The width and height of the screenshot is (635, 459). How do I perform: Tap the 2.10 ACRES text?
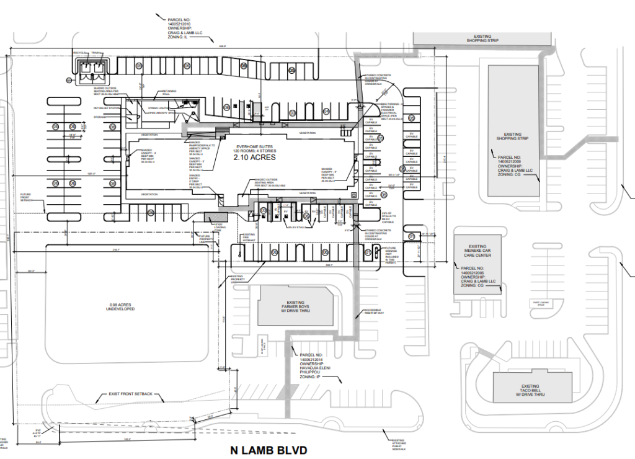[x=254, y=158]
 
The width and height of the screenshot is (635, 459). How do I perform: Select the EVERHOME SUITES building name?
[x=254, y=146]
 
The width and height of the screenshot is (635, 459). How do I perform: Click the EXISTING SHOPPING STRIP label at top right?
[x=482, y=38]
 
